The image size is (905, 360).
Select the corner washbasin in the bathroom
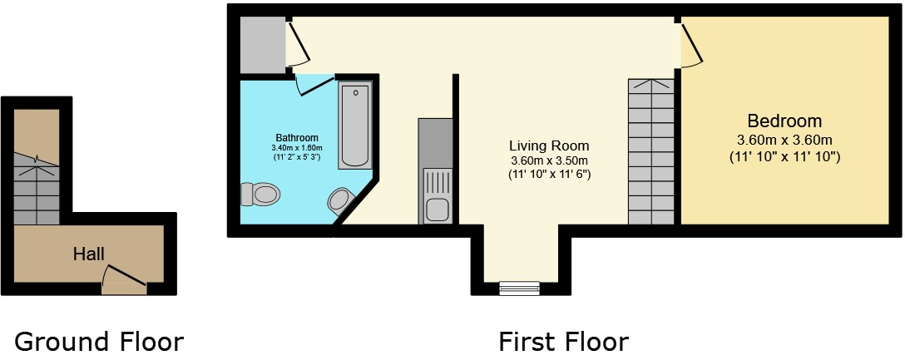(341, 200)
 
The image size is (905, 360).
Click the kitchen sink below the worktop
(437, 195)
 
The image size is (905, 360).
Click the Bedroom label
(784, 121)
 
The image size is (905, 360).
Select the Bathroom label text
(297, 137)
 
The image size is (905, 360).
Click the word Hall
(88, 253)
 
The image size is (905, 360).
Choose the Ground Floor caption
(99, 341)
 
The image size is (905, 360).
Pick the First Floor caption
(563, 341)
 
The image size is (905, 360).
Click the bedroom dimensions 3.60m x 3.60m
(784, 140)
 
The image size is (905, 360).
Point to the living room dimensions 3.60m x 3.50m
(549, 160)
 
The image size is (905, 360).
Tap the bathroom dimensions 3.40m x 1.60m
(297, 148)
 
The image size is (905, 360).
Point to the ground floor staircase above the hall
(37, 183)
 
